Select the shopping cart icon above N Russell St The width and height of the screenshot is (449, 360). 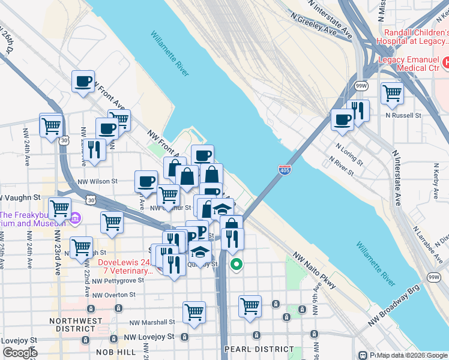click(x=392, y=93)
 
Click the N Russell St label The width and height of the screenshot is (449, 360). click(x=404, y=113)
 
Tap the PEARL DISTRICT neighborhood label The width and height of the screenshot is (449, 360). click(x=259, y=349)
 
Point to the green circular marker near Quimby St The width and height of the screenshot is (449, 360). click(x=237, y=263)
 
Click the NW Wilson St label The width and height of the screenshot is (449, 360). click(x=96, y=181)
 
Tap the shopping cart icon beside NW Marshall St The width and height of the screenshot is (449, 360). click(x=194, y=311)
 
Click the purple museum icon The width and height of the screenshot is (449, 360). click(x=76, y=217)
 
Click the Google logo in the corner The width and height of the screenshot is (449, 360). click(x=20, y=353)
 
